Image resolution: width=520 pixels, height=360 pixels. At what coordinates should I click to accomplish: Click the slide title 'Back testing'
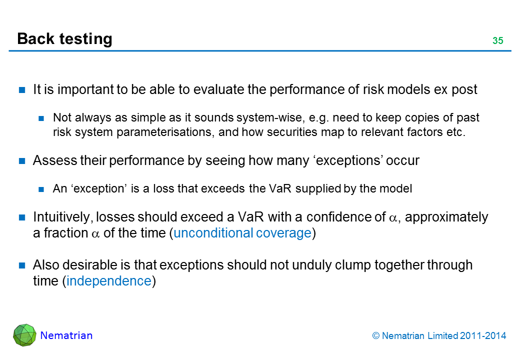(x=64, y=39)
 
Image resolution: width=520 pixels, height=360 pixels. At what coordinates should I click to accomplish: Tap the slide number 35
(x=498, y=41)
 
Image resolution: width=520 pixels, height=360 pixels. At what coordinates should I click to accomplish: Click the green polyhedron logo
(x=24, y=335)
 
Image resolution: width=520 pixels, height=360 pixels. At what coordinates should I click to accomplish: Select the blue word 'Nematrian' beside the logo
(x=66, y=335)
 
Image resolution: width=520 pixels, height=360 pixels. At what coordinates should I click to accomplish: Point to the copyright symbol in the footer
(x=375, y=336)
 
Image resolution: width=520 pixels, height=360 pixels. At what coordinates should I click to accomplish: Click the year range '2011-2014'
(x=483, y=336)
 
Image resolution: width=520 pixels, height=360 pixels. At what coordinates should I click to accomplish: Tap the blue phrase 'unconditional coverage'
(x=242, y=233)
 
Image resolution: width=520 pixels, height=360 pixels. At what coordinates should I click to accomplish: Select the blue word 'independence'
(x=109, y=281)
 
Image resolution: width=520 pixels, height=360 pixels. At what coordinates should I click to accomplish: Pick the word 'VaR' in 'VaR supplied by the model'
(x=280, y=188)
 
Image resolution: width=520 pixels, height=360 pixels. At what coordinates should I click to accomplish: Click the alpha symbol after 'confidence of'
(x=393, y=218)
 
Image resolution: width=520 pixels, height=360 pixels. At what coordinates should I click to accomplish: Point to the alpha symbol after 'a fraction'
(x=95, y=234)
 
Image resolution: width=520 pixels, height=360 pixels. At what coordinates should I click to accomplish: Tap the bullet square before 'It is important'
(x=22, y=90)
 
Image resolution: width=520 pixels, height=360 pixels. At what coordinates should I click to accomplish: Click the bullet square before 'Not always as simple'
(x=41, y=118)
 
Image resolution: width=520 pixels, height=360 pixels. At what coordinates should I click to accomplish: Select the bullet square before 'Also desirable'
(x=22, y=265)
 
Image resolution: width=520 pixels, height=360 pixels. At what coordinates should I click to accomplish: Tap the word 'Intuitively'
(x=62, y=217)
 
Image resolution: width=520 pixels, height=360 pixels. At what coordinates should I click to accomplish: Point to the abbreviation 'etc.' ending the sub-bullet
(x=456, y=132)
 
